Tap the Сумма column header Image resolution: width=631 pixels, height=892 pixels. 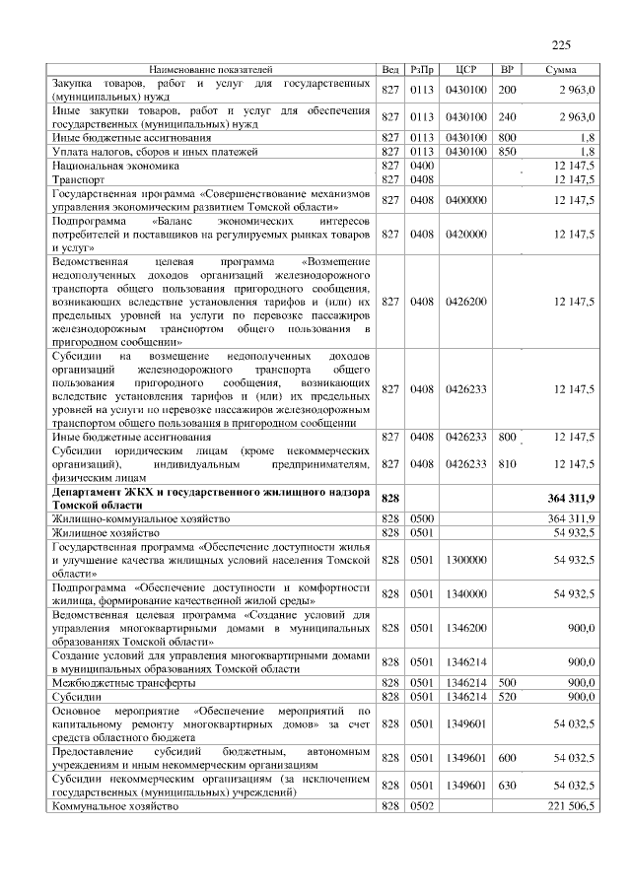[561, 71]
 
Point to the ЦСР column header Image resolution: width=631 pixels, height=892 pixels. [466, 71]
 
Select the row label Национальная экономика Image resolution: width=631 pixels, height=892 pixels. [109, 167]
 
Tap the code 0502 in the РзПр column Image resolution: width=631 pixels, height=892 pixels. [422, 807]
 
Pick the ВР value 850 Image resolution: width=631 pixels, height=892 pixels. [508, 153]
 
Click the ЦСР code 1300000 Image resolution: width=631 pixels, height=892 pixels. [466, 559]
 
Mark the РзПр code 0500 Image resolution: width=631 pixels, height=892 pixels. [422, 517]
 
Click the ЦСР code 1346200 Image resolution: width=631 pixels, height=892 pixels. [466, 627]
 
